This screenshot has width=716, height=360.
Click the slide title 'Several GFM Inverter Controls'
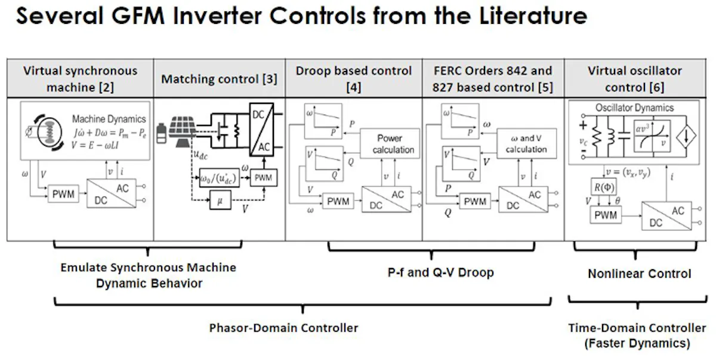[x=301, y=17]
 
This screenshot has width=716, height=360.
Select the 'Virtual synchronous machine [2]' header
[x=80, y=79]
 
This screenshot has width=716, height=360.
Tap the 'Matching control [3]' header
[x=219, y=79]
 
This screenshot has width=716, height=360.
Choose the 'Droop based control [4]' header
[x=353, y=79]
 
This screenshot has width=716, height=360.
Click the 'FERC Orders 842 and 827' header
[x=492, y=79]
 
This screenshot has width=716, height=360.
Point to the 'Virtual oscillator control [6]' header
[x=634, y=79]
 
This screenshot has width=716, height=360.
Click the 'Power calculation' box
[x=390, y=144]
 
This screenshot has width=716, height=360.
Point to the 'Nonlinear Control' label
[x=639, y=274]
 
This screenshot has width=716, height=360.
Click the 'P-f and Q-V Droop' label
[x=440, y=272]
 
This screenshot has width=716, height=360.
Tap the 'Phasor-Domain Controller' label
[x=283, y=328]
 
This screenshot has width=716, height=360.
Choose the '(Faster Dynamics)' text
[x=637, y=343]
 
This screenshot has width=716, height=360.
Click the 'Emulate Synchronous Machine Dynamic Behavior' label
[x=148, y=275]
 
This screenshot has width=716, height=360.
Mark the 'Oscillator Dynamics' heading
[x=634, y=107]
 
